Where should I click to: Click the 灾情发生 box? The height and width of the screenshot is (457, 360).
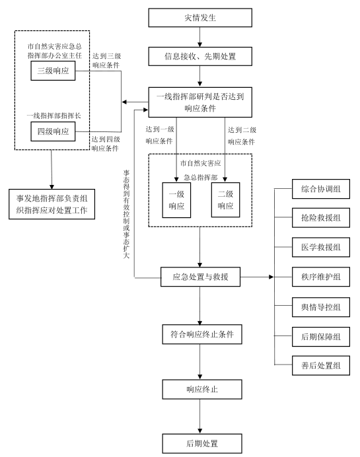[x=200, y=18]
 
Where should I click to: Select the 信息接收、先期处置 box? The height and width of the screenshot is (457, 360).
[x=200, y=56]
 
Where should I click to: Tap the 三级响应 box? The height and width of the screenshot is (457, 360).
[x=53, y=71]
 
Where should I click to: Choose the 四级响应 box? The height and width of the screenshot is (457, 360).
[x=53, y=131]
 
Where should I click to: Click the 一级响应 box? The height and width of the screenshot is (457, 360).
[x=176, y=200]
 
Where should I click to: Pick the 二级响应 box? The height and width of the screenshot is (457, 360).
[x=225, y=200]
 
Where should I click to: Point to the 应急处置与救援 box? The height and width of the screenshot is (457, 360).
[x=200, y=277]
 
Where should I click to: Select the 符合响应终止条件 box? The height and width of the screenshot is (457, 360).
[x=202, y=334]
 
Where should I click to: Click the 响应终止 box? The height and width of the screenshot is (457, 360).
[x=202, y=390]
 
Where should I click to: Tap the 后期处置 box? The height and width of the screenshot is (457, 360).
[x=202, y=444]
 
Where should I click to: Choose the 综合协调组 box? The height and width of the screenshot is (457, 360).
[x=321, y=189]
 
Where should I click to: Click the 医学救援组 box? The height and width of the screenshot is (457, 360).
[x=321, y=248]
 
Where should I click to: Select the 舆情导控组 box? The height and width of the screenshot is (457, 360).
[x=321, y=307]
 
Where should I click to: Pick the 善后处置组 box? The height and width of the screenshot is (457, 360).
[x=321, y=365]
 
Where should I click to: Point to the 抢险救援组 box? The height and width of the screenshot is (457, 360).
[x=321, y=218]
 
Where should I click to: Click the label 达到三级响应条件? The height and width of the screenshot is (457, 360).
[x=106, y=61]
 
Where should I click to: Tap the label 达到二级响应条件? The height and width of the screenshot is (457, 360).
[x=242, y=136]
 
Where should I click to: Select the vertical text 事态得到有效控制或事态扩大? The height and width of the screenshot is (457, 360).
[x=126, y=214]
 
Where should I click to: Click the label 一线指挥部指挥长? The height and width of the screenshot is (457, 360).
[x=54, y=116]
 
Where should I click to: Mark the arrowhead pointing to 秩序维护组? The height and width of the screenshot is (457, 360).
[x=271, y=277]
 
